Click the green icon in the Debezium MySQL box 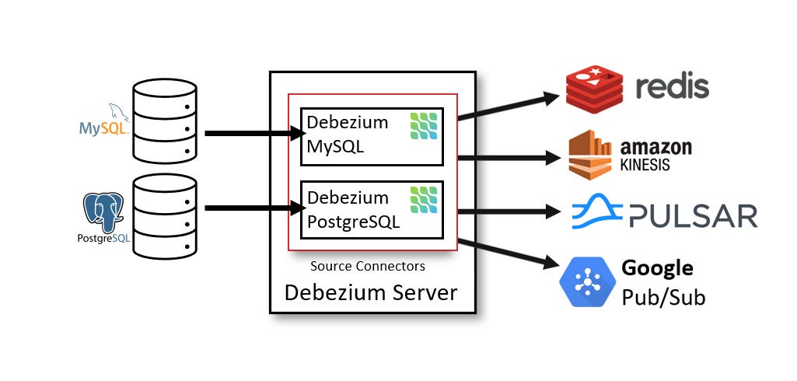tap(424, 126)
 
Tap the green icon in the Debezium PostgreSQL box tap(424, 200)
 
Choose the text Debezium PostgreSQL tap(353, 209)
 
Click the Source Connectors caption tap(368, 266)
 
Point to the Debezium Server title tap(371, 293)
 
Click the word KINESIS tap(645, 166)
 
